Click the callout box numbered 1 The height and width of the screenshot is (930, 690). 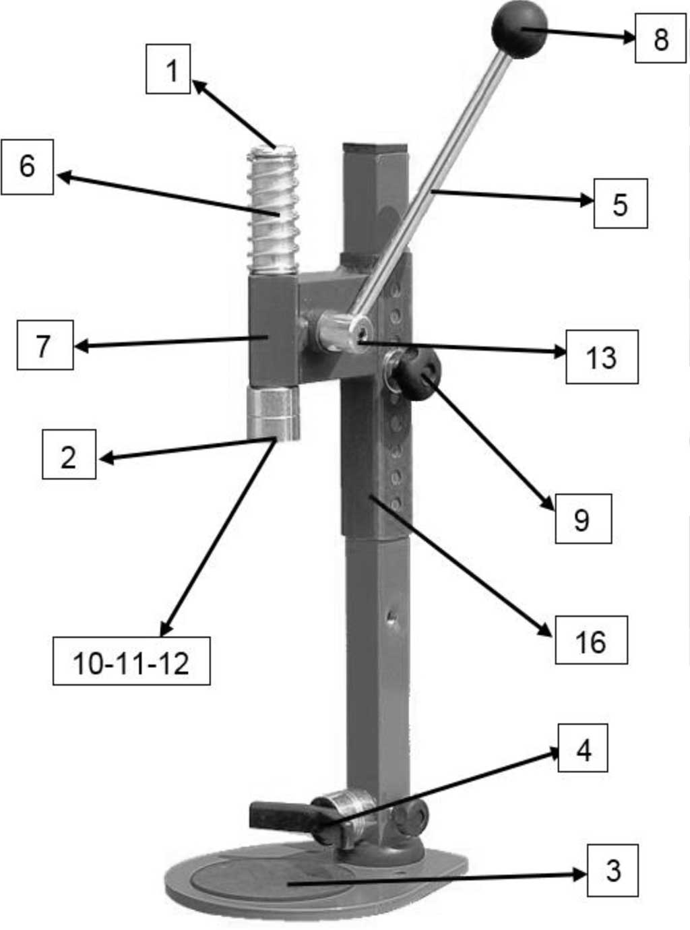pos(168,69)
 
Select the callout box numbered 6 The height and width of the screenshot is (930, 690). pos(27,167)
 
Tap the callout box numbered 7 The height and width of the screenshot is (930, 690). pos(45,345)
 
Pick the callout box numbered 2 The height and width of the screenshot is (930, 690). pos(69,454)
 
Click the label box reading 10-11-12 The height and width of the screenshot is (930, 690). pos(131,661)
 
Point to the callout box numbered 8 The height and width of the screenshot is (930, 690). pos(660,38)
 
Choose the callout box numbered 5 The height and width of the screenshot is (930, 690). pos(621,204)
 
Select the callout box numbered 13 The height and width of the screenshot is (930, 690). pos(602,356)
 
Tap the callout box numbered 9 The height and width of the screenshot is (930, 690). pos(583,519)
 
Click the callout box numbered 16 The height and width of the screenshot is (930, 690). pos(592,640)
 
